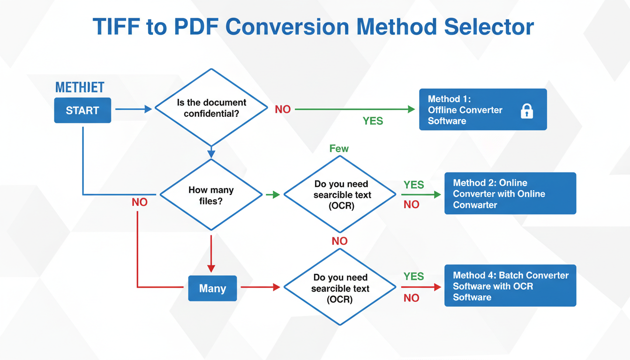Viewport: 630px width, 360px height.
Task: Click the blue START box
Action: click(82, 110)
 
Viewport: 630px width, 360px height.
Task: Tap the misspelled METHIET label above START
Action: click(80, 88)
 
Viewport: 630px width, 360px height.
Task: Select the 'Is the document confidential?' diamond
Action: click(211, 108)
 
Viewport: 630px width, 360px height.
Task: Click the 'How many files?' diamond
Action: click(211, 195)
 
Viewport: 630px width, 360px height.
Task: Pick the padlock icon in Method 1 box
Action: click(527, 111)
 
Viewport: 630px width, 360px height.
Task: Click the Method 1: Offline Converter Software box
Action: click(482, 110)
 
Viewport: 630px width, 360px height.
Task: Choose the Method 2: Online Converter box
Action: click(510, 194)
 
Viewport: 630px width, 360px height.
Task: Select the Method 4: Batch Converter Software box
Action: click(510, 286)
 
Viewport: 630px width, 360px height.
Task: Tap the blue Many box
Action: click(212, 288)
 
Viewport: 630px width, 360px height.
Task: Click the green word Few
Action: click(339, 149)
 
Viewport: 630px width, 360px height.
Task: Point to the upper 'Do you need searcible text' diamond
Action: click(341, 195)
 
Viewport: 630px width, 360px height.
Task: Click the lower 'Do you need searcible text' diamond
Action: click(340, 287)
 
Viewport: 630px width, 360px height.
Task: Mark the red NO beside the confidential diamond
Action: click(283, 109)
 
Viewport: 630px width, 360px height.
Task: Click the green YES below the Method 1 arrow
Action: click(373, 121)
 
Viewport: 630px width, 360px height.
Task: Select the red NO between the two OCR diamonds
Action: click(339, 241)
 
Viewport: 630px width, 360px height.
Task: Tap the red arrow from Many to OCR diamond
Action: click(260, 287)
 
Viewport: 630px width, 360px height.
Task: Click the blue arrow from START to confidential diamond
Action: click(133, 109)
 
